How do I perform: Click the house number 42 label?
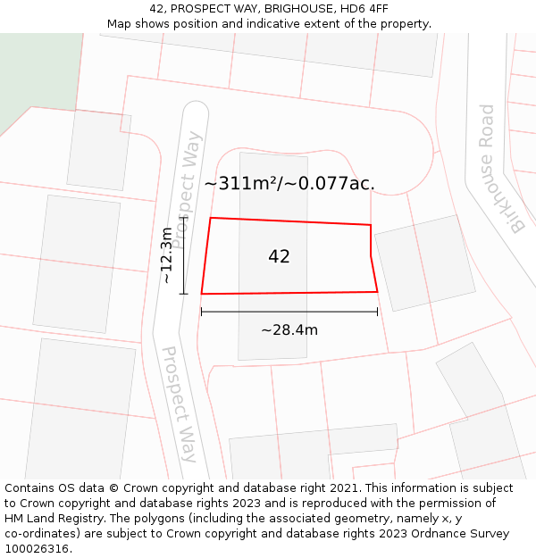[x=279, y=256]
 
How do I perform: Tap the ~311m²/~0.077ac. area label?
[x=289, y=184]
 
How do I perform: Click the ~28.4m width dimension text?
[x=289, y=330]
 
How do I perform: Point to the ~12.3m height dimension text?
[x=166, y=255]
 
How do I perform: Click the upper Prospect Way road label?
[x=186, y=189]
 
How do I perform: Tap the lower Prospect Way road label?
[x=180, y=404]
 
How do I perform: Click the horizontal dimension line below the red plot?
[x=289, y=312]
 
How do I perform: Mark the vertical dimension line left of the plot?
[x=183, y=255]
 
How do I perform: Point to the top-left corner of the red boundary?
[x=210, y=218]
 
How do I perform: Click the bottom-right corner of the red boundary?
[x=377, y=291]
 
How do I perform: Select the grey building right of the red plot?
[x=423, y=262]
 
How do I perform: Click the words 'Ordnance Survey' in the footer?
[x=461, y=534]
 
